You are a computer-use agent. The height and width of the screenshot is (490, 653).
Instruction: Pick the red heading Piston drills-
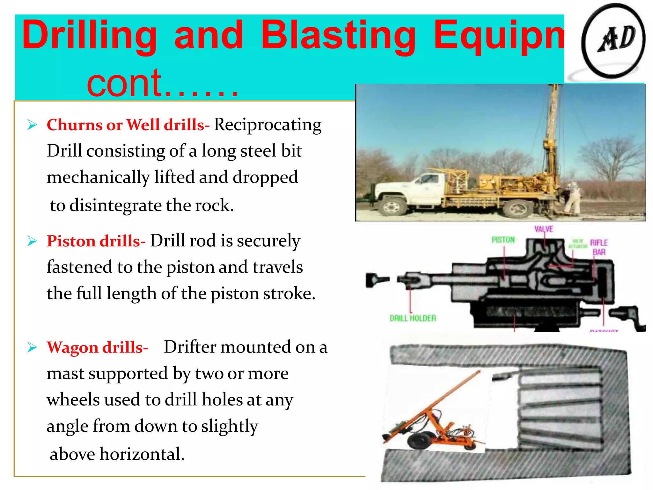(96, 241)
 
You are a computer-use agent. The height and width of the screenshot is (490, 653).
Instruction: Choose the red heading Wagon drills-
(97, 347)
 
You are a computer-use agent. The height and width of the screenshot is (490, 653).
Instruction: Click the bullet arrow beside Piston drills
(32, 241)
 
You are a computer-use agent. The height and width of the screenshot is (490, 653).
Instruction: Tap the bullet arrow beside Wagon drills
(32, 347)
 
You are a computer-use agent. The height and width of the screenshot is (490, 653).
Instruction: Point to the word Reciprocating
(268, 125)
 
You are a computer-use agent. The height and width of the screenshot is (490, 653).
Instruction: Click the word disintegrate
(115, 205)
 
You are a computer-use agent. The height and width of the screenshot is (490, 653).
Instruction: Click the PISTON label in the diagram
(503, 240)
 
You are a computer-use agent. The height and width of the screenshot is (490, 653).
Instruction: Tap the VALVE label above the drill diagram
(544, 229)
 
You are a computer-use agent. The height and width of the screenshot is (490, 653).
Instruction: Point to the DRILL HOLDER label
(413, 318)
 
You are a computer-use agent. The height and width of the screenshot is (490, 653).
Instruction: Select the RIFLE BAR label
(599, 247)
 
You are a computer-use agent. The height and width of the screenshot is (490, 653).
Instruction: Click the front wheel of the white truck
(392, 207)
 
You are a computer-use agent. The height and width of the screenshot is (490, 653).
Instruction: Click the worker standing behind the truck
(573, 198)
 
